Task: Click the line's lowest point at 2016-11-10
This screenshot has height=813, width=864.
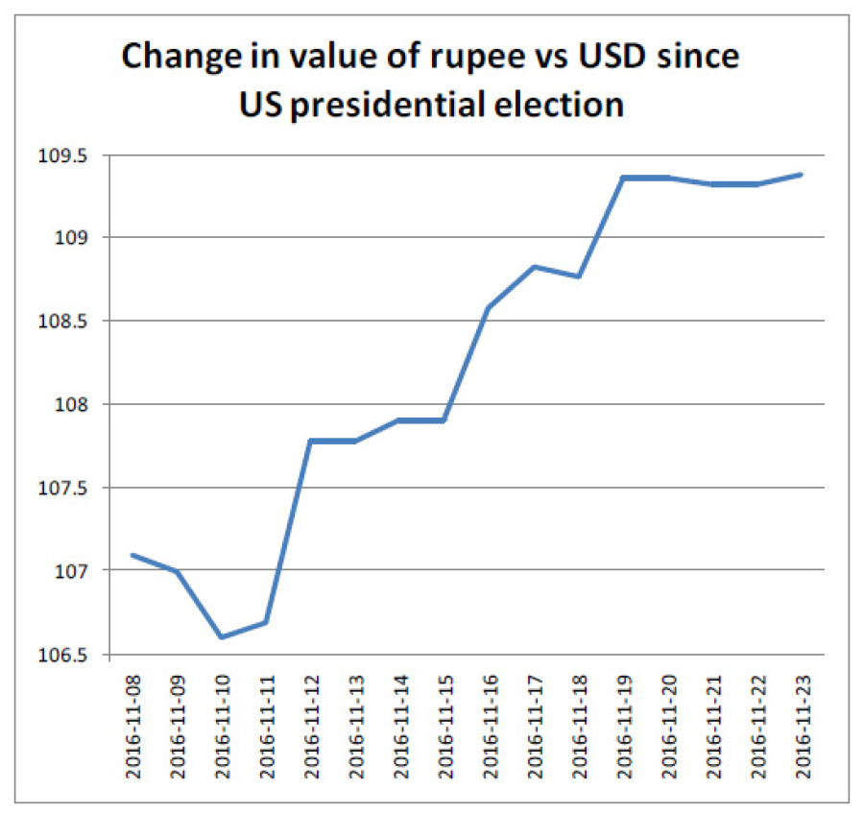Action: [x=222, y=636]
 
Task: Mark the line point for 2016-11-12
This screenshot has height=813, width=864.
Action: [x=310, y=441]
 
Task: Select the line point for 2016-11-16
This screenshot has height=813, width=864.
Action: [x=489, y=308]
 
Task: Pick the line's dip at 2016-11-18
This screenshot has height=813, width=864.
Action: [x=578, y=276]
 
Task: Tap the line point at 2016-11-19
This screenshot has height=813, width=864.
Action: [x=622, y=178]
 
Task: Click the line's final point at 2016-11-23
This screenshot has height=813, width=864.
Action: [x=801, y=175]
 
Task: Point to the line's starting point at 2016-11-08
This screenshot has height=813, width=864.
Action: [x=132, y=555]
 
